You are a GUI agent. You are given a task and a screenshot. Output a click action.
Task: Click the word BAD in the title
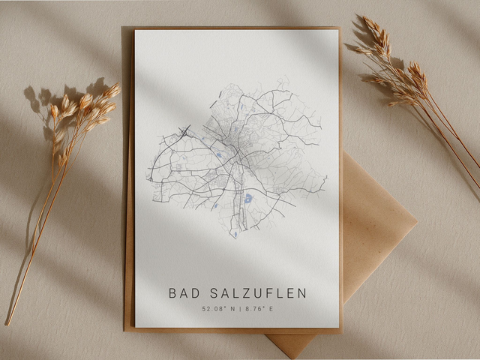182,293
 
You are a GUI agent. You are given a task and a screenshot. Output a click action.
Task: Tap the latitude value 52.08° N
217,308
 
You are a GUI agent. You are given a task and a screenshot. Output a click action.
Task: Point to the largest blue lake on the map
247,199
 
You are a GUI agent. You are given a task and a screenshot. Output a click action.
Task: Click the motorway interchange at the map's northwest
184,131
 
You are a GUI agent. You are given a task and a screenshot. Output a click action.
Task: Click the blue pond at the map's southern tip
234,235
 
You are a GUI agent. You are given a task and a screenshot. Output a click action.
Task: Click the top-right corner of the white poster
337,31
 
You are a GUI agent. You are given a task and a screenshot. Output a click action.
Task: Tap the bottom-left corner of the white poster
136,327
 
